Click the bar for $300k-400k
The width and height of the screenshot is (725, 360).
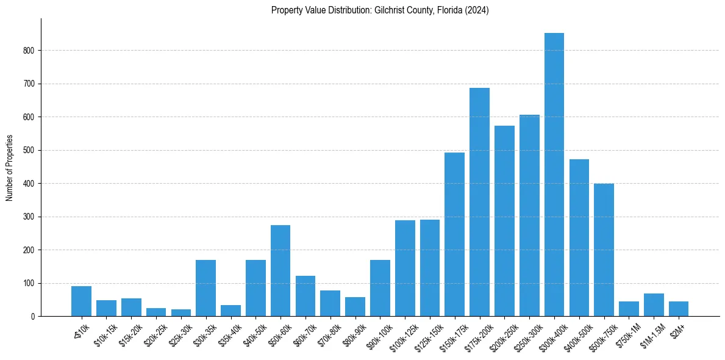[554, 175]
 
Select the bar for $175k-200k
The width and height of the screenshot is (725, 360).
[479, 202]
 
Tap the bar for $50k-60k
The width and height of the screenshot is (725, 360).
[280, 271]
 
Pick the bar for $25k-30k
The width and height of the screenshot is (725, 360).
[181, 312]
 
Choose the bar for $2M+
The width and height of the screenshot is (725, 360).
[678, 309]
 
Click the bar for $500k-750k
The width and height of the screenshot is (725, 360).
[604, 250]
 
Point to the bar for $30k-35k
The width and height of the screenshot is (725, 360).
[205, 288]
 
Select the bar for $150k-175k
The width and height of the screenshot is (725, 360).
[454, 234]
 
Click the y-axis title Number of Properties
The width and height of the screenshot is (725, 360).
[9, 167]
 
